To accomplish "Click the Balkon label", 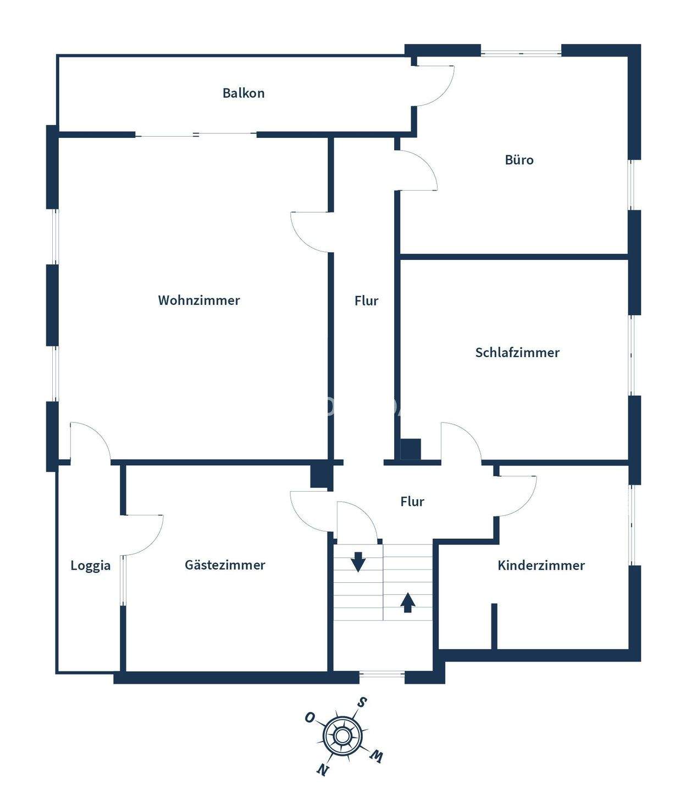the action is coord(244,93).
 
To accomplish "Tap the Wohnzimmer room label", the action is coord(199,300).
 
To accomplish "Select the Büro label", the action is coord(519,160).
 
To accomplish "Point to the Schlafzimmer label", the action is coord(517,353).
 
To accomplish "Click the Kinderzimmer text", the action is coord(541,565).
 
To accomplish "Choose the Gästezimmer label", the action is coord(225,565).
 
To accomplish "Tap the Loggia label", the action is coord(90,565).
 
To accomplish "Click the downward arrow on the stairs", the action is coord(358,562).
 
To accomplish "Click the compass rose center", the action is coord(342,736).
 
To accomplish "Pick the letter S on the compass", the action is coord(362,703).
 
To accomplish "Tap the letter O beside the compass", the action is coord(310,717).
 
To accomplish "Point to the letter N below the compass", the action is coord(323,770).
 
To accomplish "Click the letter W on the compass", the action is coord(377,756).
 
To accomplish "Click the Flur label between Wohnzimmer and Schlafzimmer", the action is coord(366,301).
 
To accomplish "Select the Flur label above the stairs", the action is coord(412,502).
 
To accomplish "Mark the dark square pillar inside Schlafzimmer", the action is coord(410,449).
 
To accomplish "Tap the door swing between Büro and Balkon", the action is coord(434,85).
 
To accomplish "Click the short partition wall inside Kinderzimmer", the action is coord(494,626).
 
